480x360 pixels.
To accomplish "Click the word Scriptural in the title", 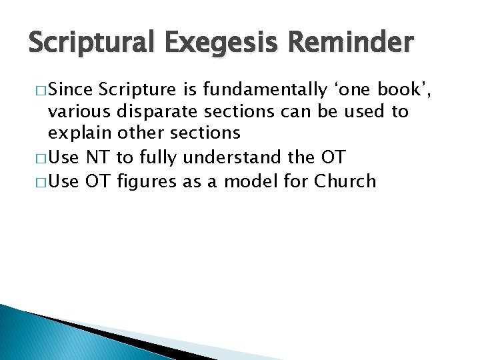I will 89,45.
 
